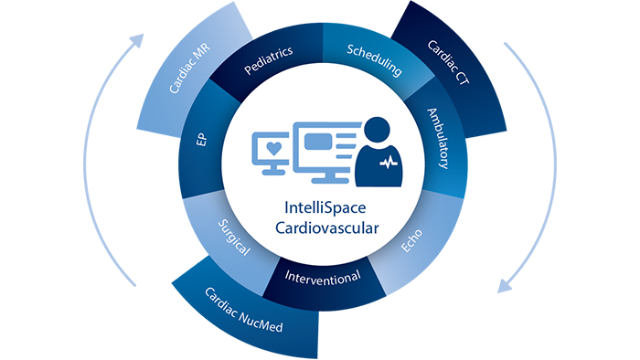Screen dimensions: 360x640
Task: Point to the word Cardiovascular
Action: click(319, 227)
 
